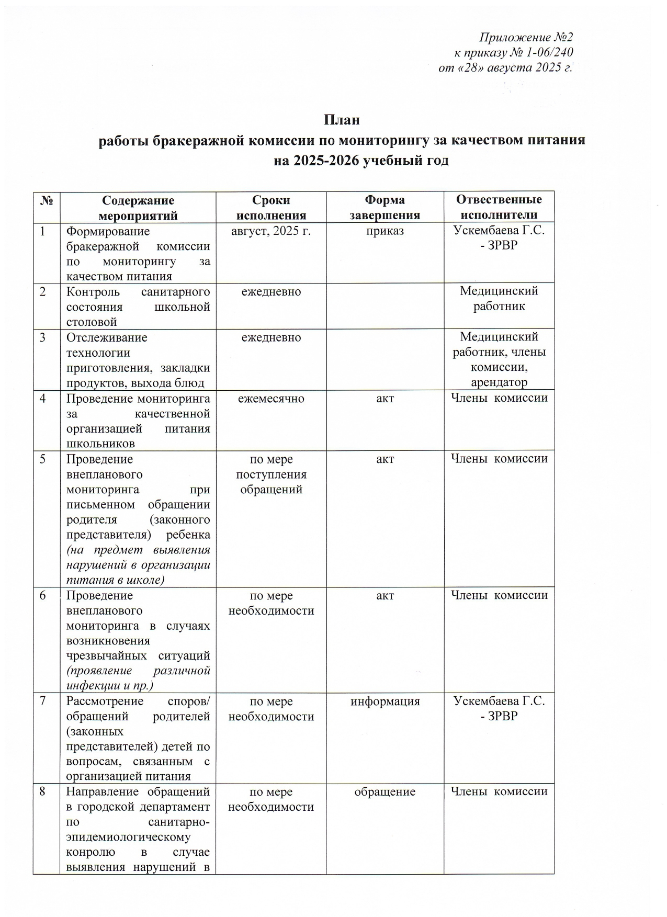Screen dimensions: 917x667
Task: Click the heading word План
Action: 342,120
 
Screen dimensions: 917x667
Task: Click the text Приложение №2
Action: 526,38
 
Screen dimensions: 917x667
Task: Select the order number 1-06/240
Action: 549,52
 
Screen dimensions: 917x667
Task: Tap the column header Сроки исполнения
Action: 271,208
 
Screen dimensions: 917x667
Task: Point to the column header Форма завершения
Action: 385,208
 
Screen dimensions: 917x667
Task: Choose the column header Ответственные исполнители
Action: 499,207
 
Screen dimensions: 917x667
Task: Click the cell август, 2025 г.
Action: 271,231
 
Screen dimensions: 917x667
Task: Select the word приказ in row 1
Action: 385,231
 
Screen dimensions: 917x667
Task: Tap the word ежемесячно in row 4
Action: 271,399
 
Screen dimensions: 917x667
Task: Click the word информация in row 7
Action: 385,701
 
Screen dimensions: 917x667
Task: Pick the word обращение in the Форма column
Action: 385,791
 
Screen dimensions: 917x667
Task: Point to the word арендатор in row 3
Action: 499,382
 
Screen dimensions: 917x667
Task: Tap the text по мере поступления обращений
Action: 271,474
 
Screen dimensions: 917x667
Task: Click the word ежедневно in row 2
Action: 271,291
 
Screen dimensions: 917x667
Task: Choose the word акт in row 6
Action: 385,596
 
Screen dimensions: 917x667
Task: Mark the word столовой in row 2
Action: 92,322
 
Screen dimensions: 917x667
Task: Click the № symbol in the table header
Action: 46,201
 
